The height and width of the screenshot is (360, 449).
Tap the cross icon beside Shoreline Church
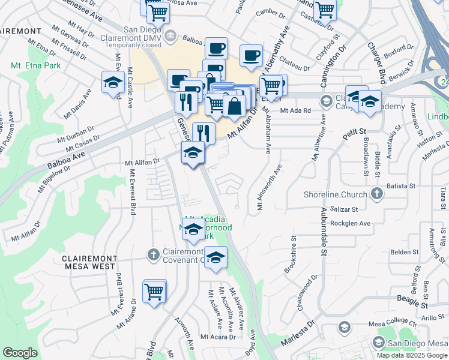376,193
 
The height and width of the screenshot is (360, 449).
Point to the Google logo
20,353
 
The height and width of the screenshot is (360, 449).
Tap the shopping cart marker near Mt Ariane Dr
155,292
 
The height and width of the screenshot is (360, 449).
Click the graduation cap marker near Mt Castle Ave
113,83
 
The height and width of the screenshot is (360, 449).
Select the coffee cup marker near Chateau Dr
251,56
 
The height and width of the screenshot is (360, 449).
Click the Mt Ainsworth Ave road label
269,187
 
